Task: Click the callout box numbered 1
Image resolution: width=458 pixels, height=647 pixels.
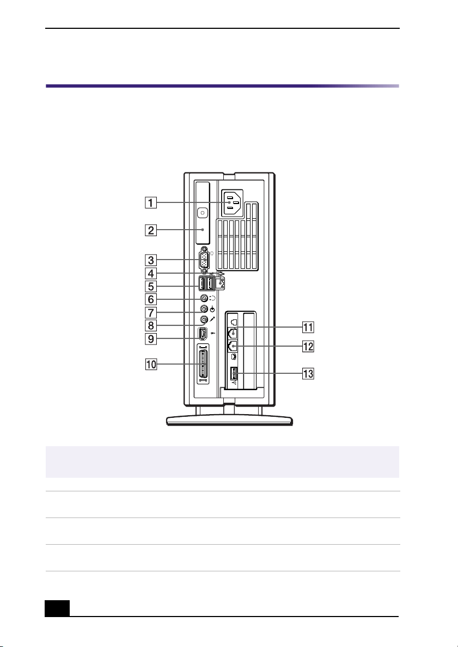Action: tap(151, 202)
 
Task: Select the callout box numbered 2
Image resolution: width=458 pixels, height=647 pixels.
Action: tap(151, 230)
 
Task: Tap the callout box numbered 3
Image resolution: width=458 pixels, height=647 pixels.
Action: tap(151, 260)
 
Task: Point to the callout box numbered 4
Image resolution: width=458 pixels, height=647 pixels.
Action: tap(151, 273)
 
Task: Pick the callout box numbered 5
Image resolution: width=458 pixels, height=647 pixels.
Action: tap(151, 286)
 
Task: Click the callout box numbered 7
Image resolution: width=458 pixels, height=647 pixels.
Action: tap(151, 312)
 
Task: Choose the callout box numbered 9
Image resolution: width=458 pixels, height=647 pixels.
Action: tap(151, 339)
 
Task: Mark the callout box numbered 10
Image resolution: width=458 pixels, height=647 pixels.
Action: tap(151, 365)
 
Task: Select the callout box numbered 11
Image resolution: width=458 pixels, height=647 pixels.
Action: tap(308, 328)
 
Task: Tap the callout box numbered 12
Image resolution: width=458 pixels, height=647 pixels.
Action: tap(308, 346)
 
